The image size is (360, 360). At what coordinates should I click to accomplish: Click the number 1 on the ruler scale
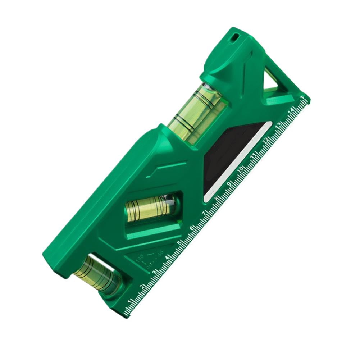click(x=131, y=301)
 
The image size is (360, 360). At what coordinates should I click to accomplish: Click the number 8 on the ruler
click(x=217, y=199)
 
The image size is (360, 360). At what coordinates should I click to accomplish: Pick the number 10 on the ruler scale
click(x=241, y=169)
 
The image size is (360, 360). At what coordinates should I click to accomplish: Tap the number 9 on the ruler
click(x=229, y=184)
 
